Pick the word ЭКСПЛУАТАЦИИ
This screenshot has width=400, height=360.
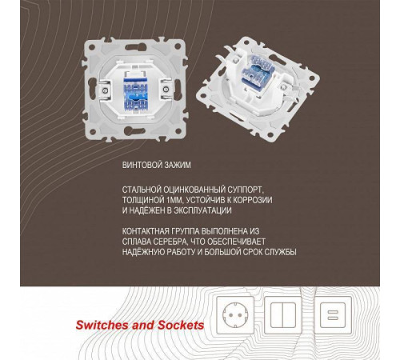coord(202,210)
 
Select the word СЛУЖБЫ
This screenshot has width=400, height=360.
coord(280,252)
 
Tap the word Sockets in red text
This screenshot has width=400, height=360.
coord(181,325)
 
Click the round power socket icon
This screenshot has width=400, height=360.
coord(235,315)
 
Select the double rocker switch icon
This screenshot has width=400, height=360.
coord(283,315)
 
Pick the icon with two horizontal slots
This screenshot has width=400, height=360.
coord(333,315)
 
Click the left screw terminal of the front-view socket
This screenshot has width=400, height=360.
coord(105,90)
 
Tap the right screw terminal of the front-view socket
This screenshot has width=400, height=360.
coord(166,90)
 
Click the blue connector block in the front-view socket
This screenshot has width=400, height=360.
coord(135,94)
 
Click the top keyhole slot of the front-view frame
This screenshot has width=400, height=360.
coord(135,47)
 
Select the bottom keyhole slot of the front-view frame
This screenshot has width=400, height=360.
coord(135,130)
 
